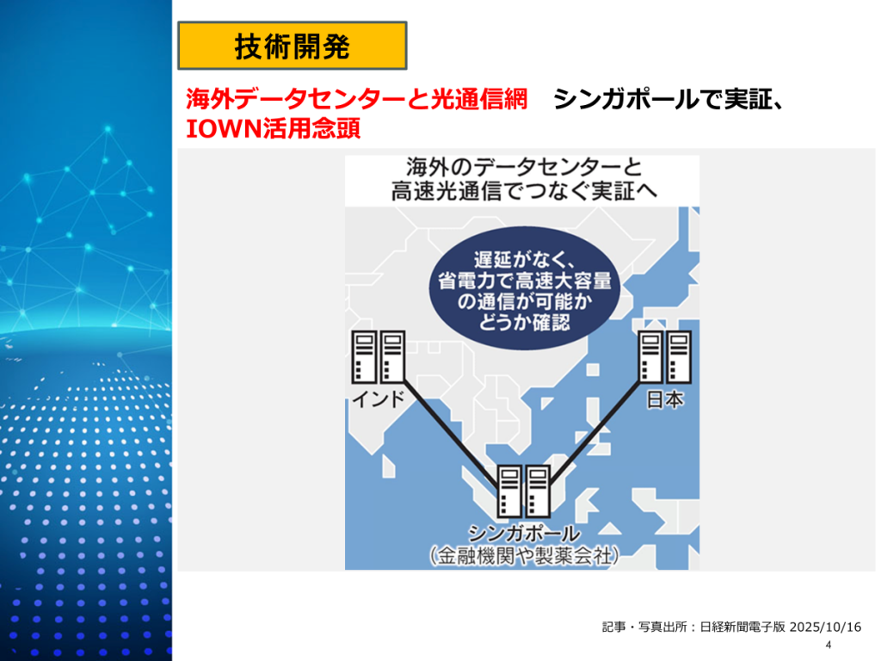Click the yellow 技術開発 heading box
point(292,46)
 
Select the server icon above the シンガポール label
point(523,491)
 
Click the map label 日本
point(663,399)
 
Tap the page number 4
point(828,646)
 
